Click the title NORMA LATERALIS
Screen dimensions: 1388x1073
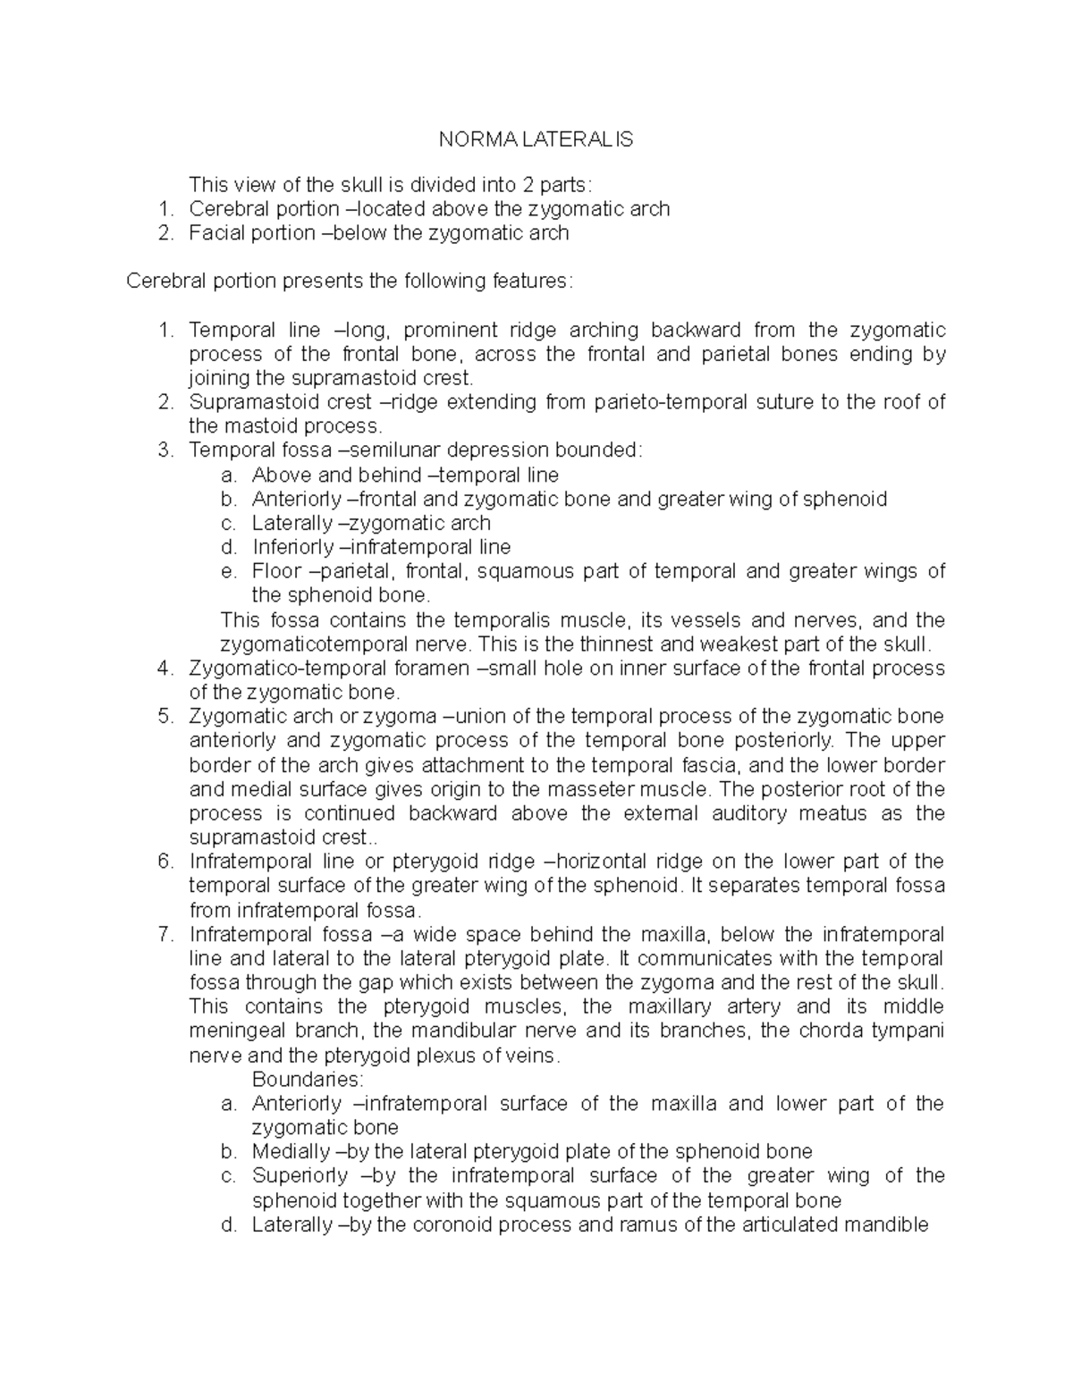coord(535,139)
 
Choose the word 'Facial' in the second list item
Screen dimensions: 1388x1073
coord(215,233)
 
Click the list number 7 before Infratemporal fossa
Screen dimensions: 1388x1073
coord(164,935)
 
